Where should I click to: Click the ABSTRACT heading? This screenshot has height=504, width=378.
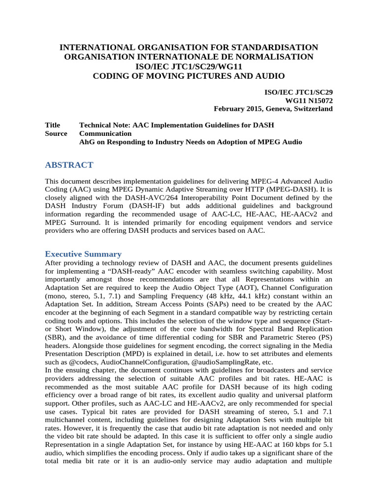pyautogui.click(x=69, y=164)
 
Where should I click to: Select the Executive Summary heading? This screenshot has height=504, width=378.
pyautogui.click(x=83, y=254)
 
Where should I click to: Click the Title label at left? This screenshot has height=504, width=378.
pyautogui.click(x=52, y=125)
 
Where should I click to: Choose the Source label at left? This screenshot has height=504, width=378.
pyautogui.click(x=56, y=133)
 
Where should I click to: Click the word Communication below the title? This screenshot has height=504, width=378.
pyautogui.click(x=105, y=133)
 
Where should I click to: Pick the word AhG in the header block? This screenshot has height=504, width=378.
pyautogui.click(x=87, y=142)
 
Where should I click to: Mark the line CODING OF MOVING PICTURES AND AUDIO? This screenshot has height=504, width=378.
pyautogui.click(x=189, y=76)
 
